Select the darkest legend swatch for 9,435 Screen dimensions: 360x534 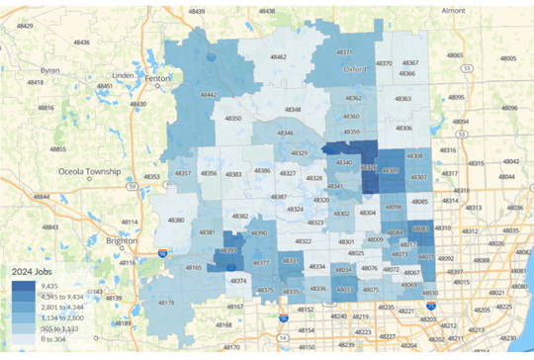click(21, 283)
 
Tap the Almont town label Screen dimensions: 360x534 click(453, 10)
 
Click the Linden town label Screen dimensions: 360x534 click(123, 75)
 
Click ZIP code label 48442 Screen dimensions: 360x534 click(209, 95)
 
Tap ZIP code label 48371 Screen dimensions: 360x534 click(345, 51)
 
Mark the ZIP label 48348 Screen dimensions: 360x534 click(293, 110)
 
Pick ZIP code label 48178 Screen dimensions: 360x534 click(166, 303)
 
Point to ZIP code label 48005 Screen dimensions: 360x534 click(508, 58)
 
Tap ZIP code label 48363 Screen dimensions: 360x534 click(403, 99)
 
